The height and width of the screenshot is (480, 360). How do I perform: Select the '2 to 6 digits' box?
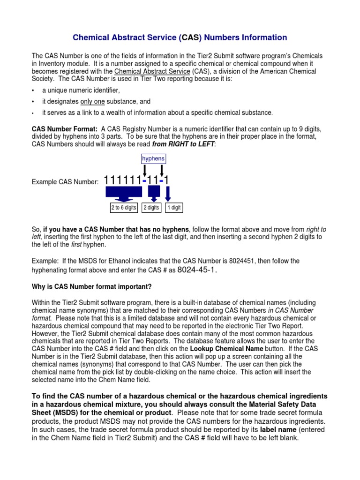(124, 208)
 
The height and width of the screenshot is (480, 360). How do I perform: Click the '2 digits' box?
(151, 208)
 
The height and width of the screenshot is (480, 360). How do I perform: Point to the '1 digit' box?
(173, 208)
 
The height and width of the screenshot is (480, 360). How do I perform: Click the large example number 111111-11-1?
(137, 180)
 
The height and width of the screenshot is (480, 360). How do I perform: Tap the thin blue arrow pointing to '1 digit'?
(168, 194)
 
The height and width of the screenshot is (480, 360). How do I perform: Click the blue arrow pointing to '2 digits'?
(153, 193)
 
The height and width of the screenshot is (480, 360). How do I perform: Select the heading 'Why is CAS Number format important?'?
(91, 286)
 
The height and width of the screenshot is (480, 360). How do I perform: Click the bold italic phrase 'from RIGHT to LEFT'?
(183, 144)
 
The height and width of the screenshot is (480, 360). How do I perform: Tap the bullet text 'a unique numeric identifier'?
(81, 90)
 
